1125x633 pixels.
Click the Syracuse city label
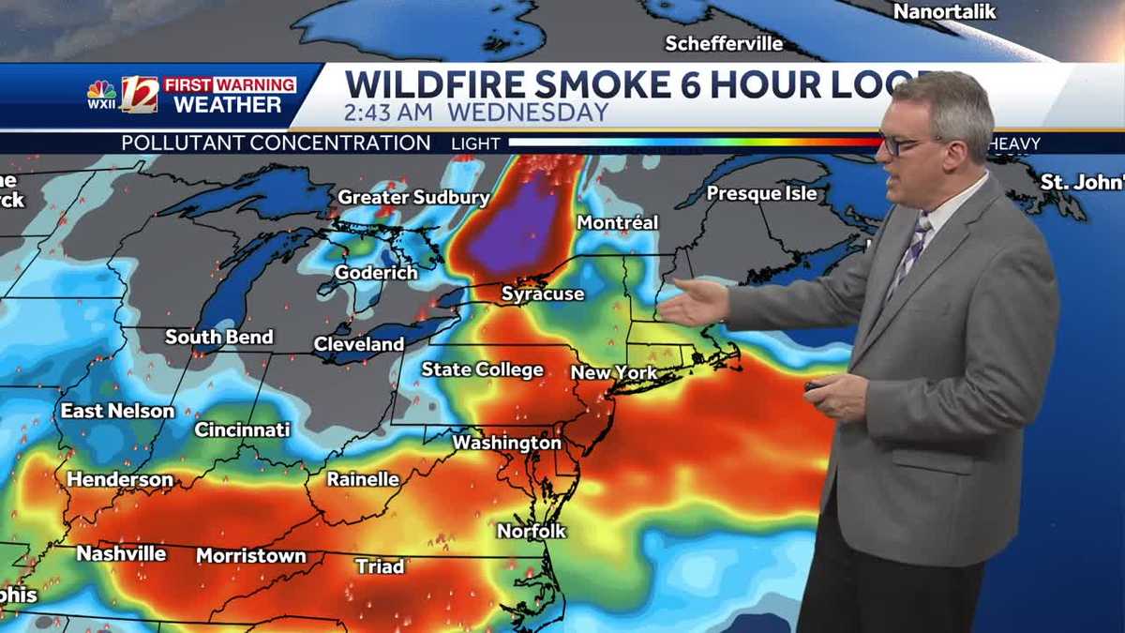coord(542,294)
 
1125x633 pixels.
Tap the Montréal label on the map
coord(617,223)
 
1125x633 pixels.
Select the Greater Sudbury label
coord(413,198)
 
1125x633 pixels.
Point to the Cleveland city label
coord(358,344)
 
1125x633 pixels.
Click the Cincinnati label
coord(242,430)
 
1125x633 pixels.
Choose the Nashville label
coord(121,553)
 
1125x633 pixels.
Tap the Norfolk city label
coord(532,531)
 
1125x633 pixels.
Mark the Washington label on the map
coord(506,442)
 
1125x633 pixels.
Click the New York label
coord(614,372)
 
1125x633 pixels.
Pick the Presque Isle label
coord(761,193)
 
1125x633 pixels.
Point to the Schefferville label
coord(723,43)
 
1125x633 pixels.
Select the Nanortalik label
coord(944,12)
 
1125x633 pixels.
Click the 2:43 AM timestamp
coord(388,113)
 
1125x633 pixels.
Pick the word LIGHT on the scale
coord(475,143)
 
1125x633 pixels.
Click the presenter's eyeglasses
coord(905,143)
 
